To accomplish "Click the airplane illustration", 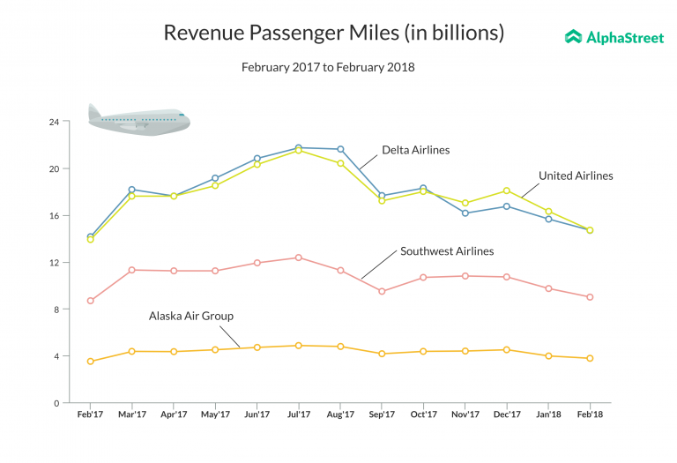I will coord(139,120).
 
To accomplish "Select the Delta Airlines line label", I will coord(415,150).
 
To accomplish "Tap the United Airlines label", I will coord(576,175).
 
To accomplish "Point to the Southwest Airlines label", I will coord(447,251).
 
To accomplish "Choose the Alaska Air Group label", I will coord(190,315).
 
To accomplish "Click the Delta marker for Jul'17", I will coord(299,148).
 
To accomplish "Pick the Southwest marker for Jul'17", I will coord(299,258).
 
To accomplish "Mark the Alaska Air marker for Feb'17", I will coord(90,362).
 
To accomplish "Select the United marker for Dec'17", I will coord(506,190).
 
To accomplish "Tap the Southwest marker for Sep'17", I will coord(382,291).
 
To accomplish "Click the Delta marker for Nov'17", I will coord(465,213).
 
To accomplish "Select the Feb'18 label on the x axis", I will coord(589,414).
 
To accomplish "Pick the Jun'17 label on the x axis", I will coord(257,414).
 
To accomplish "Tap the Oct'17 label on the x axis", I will coord(423,414).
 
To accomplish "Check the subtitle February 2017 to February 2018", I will coord(328,67).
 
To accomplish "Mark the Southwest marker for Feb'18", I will coord(590,297).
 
